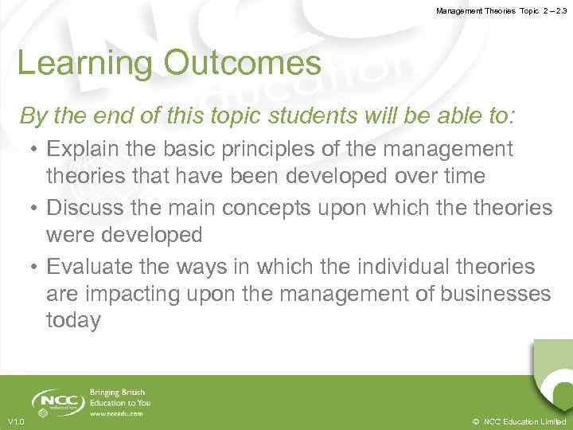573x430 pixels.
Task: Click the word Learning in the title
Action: [73, 64]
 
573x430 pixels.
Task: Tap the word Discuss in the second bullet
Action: [84, 208]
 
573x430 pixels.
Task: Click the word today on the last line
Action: [73, 321]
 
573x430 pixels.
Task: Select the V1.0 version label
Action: [15, 421]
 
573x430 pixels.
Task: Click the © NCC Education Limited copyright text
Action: [519, 421]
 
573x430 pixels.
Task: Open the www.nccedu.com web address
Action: [116, 414]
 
